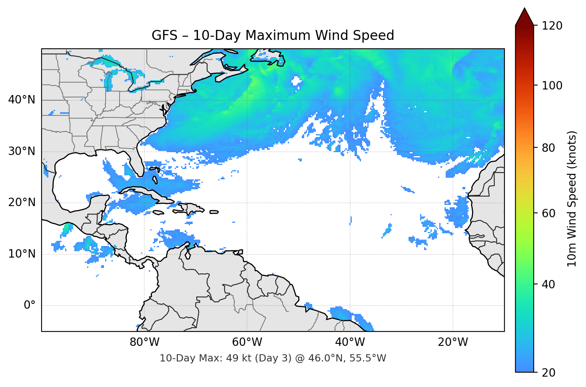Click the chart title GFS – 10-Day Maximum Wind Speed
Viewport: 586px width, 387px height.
coord(273,36)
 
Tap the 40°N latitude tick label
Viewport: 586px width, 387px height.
coord(22,100)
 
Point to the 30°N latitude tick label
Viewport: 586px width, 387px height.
coord(22,151)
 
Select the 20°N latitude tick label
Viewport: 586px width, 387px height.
coord(22,202)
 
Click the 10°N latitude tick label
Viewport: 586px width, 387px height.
coord(22,254)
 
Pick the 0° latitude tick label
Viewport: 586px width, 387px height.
coord(30,306)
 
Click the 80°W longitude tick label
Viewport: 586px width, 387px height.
coord(145,342)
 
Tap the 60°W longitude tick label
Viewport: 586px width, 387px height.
coord(247,342)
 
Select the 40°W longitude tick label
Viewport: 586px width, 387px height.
coord(350,342)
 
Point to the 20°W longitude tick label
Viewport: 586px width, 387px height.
coord(453,342)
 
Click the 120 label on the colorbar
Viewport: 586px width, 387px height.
coord(552,26)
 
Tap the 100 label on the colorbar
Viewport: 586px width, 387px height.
coord(552,85)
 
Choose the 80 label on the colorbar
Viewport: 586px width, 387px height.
coord(548,148)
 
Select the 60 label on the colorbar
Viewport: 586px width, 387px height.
coord(548,213)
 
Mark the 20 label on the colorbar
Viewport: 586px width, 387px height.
coord(548,373)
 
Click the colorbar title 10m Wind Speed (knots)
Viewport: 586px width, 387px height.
coord(572,199)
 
